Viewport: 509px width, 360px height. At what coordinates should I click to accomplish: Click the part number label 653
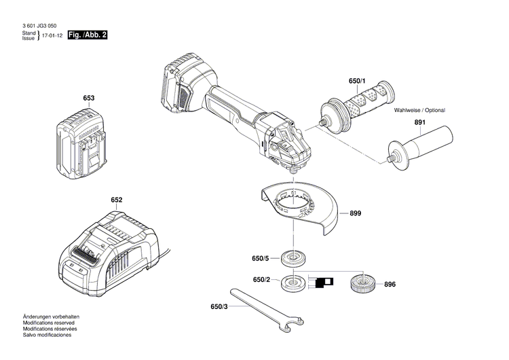[89, 98]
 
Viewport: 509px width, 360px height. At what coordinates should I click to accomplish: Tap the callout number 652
[117, 200]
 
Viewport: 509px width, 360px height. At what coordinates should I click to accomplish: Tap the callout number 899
[355, 213]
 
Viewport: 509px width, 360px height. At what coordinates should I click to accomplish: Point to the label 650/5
[261, 258]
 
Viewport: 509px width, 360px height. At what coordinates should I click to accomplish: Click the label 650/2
[261, 280]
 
